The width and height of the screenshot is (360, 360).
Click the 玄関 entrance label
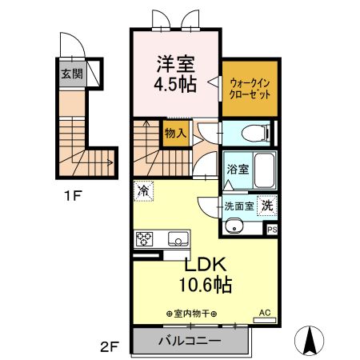click(72, 74)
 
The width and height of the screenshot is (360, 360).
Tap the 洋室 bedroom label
click(176, 64)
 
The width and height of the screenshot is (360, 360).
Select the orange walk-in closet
click(250, 89)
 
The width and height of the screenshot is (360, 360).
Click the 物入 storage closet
click(176, 134)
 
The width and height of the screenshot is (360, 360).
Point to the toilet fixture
click(255, 133)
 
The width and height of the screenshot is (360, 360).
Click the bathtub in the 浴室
click(264, 170)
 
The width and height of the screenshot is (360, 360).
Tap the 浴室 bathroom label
click(238, 169)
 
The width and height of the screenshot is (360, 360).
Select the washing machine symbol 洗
click(267, 206)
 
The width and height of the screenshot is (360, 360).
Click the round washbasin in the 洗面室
click(234, 226)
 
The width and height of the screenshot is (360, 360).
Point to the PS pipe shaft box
click(272, 230)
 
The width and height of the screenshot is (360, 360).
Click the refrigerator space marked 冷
click(143, 191)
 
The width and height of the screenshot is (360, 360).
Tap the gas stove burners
click(144, 238)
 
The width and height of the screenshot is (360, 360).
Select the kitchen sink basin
click(178, 238)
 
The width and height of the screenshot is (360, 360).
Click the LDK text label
click(206, 264)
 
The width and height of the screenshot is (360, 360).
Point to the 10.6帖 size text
click(205, 285)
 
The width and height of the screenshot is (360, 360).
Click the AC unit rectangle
click(264, 320)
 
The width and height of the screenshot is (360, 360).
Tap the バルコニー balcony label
click(190, 341)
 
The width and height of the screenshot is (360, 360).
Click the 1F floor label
click(73, 197)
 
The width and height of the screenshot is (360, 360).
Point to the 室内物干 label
click(192, 314)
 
